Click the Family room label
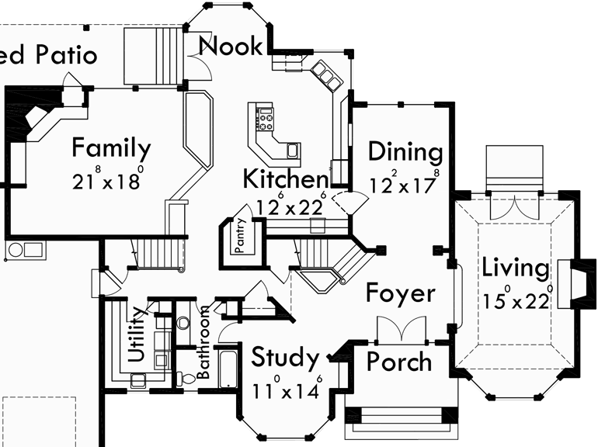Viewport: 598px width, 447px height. click(x=111, y=147)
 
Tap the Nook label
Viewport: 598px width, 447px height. click(x=231, y=46)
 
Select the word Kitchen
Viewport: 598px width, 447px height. click(x=285, y=179)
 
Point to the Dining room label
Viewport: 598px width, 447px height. click(x=405, y=151)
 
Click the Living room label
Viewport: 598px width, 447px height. click(x=515, y=268)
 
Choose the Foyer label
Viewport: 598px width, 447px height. click(x=401, y=293)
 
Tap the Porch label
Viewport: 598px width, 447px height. click(x=398, y=362)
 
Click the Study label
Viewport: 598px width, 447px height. click(x=285, y=359)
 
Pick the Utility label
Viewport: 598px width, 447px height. click(x=137, y=334)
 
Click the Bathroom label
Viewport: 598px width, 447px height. click(x=203, y=342)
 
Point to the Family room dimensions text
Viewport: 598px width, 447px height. click(x=109, y=181)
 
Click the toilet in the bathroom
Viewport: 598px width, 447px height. click(x=186, y=378)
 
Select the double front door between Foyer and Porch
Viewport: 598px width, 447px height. click(x=401, y=329)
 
